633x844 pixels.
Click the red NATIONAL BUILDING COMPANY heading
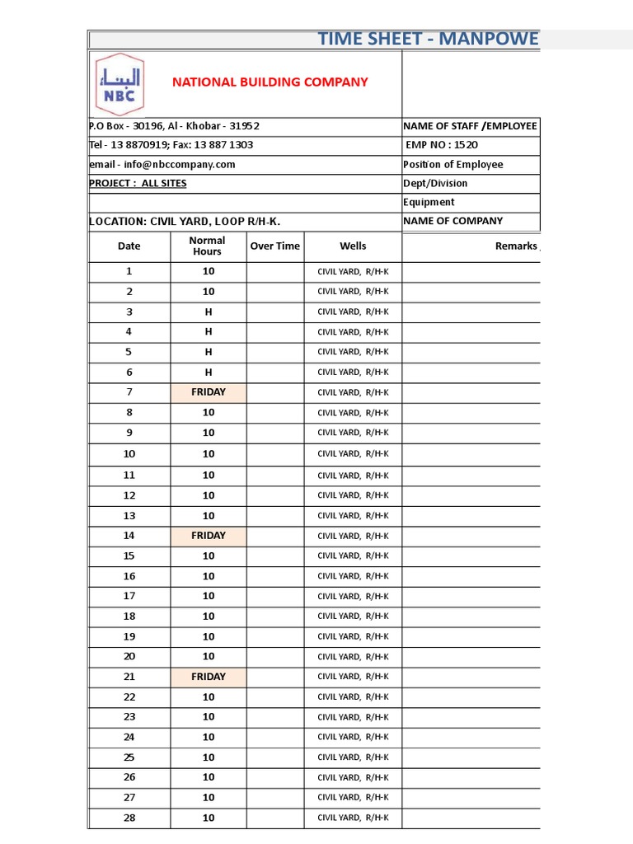(270, 82)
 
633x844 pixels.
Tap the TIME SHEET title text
(428, 39)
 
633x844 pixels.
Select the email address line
(162, 164)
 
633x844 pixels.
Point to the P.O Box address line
(174, 126)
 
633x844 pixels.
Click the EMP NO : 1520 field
(442, 145)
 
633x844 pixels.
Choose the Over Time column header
(275, 246)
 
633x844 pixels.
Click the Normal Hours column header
(208, 246)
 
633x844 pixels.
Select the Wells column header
(353, 246)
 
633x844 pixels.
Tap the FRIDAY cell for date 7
(209, 392)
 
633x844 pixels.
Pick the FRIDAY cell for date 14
(209, 536)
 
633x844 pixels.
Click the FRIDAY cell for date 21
(209, 677)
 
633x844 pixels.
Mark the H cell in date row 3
(209, 312)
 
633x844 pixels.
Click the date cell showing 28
(129, 818)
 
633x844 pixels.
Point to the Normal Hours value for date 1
(209, 271)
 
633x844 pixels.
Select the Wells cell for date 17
(353, 596)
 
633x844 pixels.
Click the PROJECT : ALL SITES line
(138, 183)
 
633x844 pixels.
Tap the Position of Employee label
(452, 164)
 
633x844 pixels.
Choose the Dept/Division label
(435, 183)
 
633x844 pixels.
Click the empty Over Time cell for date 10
(275, 454)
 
